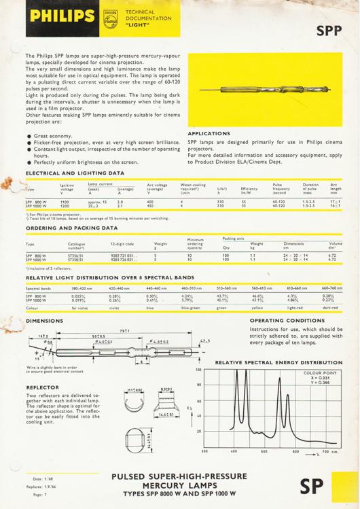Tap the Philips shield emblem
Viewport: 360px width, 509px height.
coord(110,17)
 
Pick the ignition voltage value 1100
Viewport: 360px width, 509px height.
coord(65,202)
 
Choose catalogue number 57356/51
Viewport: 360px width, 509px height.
coord(76,256)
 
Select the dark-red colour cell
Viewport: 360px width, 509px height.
coord(330,308)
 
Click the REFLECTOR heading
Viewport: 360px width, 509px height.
coord(42,387)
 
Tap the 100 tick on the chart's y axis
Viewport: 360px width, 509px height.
coord(200,370)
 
